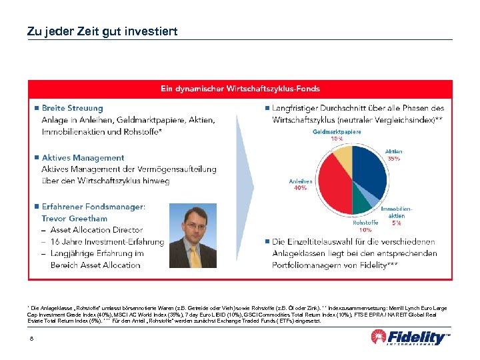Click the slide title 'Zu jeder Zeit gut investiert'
click(102, 31)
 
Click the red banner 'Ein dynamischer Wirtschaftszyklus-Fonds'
click(239, 89)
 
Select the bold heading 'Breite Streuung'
click(72, 108)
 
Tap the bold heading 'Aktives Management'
click(83, 158)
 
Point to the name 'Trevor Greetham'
click(75, 218)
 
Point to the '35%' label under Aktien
click(393, 159)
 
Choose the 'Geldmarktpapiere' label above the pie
click(337, 132)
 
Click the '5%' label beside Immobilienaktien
click(396, 223)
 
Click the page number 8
click(32, 339)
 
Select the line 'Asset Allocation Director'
click(96, 230)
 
